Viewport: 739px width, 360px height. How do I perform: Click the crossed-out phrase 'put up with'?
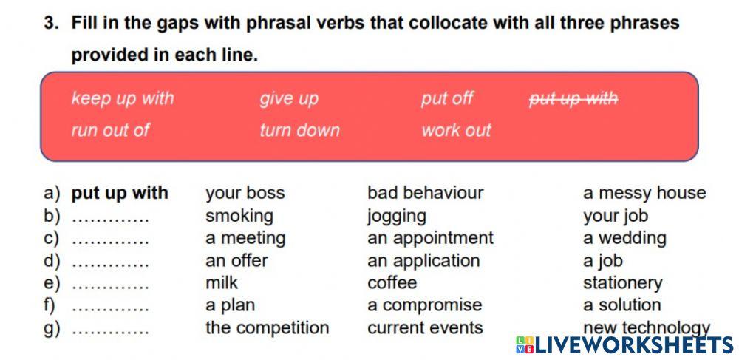coord(573,98)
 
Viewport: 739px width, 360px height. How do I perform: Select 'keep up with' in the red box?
coord(123,98)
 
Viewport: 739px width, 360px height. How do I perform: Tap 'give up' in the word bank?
coord(288,98)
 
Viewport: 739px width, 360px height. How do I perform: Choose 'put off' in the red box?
coord(447,98)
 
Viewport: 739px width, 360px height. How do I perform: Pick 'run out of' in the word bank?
coord(110,130)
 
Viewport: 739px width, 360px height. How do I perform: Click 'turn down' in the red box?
coord(299,130)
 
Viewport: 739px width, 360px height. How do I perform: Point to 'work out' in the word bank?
coord(456,130)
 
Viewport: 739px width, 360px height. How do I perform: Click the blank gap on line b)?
coord(110,217)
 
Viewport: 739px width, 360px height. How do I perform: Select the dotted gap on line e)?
coord(110,283)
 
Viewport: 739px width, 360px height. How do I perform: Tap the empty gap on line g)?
coord(110,328)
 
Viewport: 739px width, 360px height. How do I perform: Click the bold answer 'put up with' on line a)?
coord(120,193)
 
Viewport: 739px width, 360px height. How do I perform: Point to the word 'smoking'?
coord(239,216)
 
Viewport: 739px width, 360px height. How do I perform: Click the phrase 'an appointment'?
coord(430,238)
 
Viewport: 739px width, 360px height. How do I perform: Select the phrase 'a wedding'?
coord(624,238)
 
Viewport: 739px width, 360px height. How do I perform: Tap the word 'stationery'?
coord(622,283)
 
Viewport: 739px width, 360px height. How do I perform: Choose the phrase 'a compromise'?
coord(424,305)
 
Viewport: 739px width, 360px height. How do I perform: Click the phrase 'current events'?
coord(425,327)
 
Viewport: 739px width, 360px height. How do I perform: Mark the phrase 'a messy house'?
coord(644,193)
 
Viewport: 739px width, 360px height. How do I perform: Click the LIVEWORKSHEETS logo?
coord(624,344)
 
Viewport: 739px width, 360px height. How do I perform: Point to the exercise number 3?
coord(50,23)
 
